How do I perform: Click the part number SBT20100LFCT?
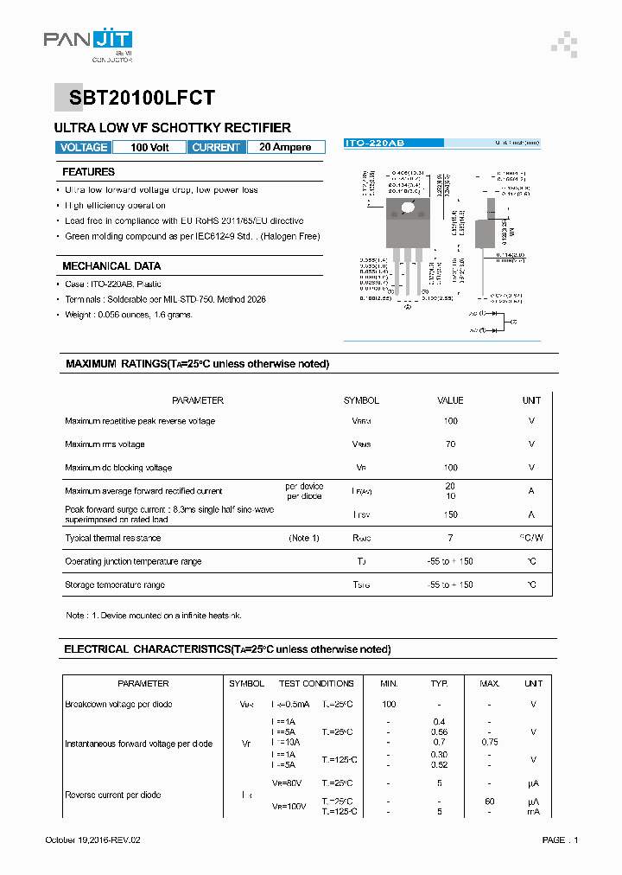click(x=135, y=98)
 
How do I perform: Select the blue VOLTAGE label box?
click(x=84, y=147)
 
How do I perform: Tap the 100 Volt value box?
click(x=149, y=147)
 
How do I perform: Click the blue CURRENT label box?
click(x=216, y=147)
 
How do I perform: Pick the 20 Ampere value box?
click(x=285, y=147)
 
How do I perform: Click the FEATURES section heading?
click(x=88, y=172)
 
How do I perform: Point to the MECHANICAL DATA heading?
click(x=111, y=266)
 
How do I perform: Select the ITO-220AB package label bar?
click(x=393, y=142)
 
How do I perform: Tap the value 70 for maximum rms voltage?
click(x=450, y=444)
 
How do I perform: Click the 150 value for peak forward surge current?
click(x=450, y=514)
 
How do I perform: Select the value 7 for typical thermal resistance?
click(x=450, y=538)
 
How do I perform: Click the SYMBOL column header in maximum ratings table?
click(x=361, y=400)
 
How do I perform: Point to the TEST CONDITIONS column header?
click(x=316, y=683)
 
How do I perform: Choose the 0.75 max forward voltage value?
click(x=490, y=741)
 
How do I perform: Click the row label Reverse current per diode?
click(x=112, y=795)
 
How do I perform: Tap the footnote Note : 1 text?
click(x=153, y=616)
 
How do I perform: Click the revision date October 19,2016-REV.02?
click(x=92, y=840)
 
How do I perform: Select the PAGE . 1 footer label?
click(x=560, y=840)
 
